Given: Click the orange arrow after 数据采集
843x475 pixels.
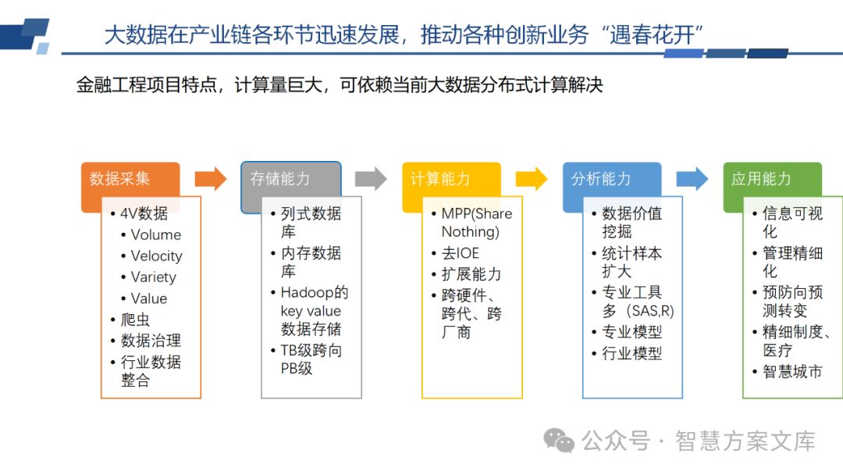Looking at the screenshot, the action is (x=210, y=179).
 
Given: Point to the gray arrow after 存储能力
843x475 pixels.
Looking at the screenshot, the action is (x=371, y=179).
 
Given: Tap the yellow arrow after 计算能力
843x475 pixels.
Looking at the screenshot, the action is (x=532, y=179).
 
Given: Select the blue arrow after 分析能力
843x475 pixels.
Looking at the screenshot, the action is (x=692, y=179).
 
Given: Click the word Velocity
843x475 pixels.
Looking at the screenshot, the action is (x=156, y=256).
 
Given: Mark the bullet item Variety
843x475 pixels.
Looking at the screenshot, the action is (x=153, y=277).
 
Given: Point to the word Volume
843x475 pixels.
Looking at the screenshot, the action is (x=155, y=235).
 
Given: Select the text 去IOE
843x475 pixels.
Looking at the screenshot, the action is (x=460, y=254).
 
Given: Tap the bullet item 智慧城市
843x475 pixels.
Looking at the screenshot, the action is (x=792, y=371).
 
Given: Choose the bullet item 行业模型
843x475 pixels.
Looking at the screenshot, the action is (x=631, y=353).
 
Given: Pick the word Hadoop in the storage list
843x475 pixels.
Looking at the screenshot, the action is (x=307, y=293).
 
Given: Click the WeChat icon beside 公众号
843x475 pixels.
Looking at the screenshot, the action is (x=559, y=441).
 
